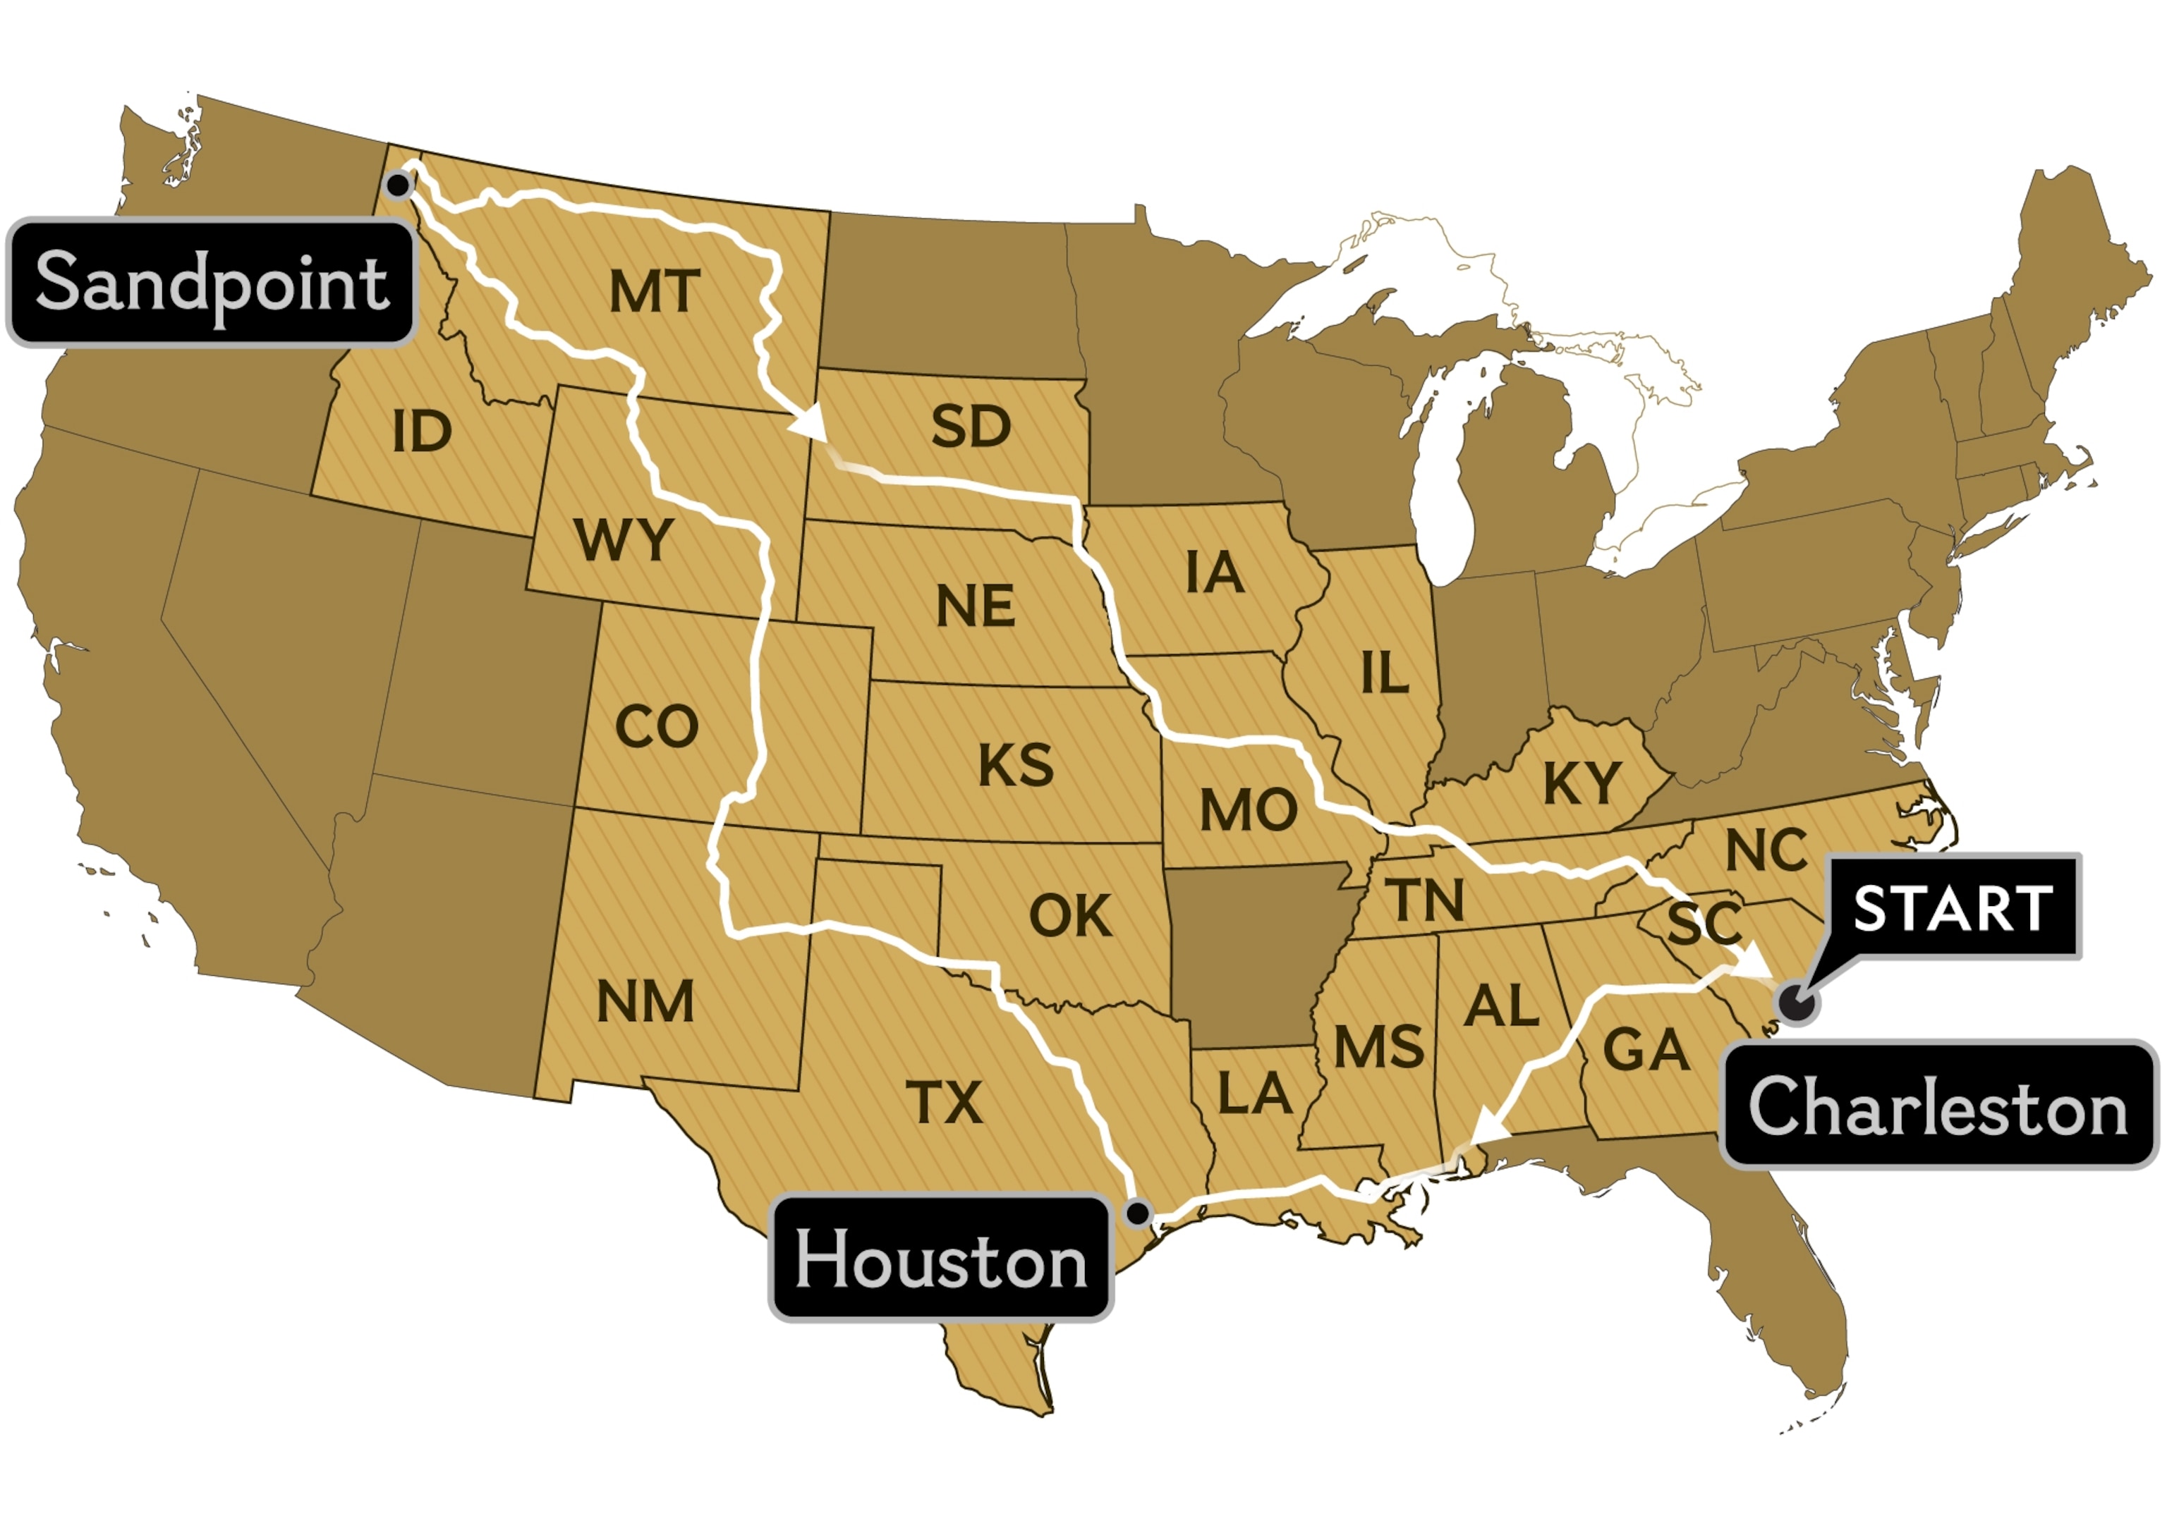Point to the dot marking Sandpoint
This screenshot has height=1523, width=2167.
click(x=399, y=185)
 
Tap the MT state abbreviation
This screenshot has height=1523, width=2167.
click(x=654, y=292)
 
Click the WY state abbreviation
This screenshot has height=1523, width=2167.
click(x=623, y=541)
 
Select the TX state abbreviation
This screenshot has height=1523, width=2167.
click(x=944, y=1102)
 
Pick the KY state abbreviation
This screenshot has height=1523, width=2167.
click(x=1582, y=782)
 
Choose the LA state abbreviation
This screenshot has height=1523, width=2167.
click(x=1254, y=1094)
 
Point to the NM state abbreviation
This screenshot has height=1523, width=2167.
click(x=645, y=1002)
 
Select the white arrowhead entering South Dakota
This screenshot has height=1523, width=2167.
click(x=810, y=424)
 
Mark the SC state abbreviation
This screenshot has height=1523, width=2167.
click(x=1704, y=923)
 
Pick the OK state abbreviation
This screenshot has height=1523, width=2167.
click(x=1070, y=915)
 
